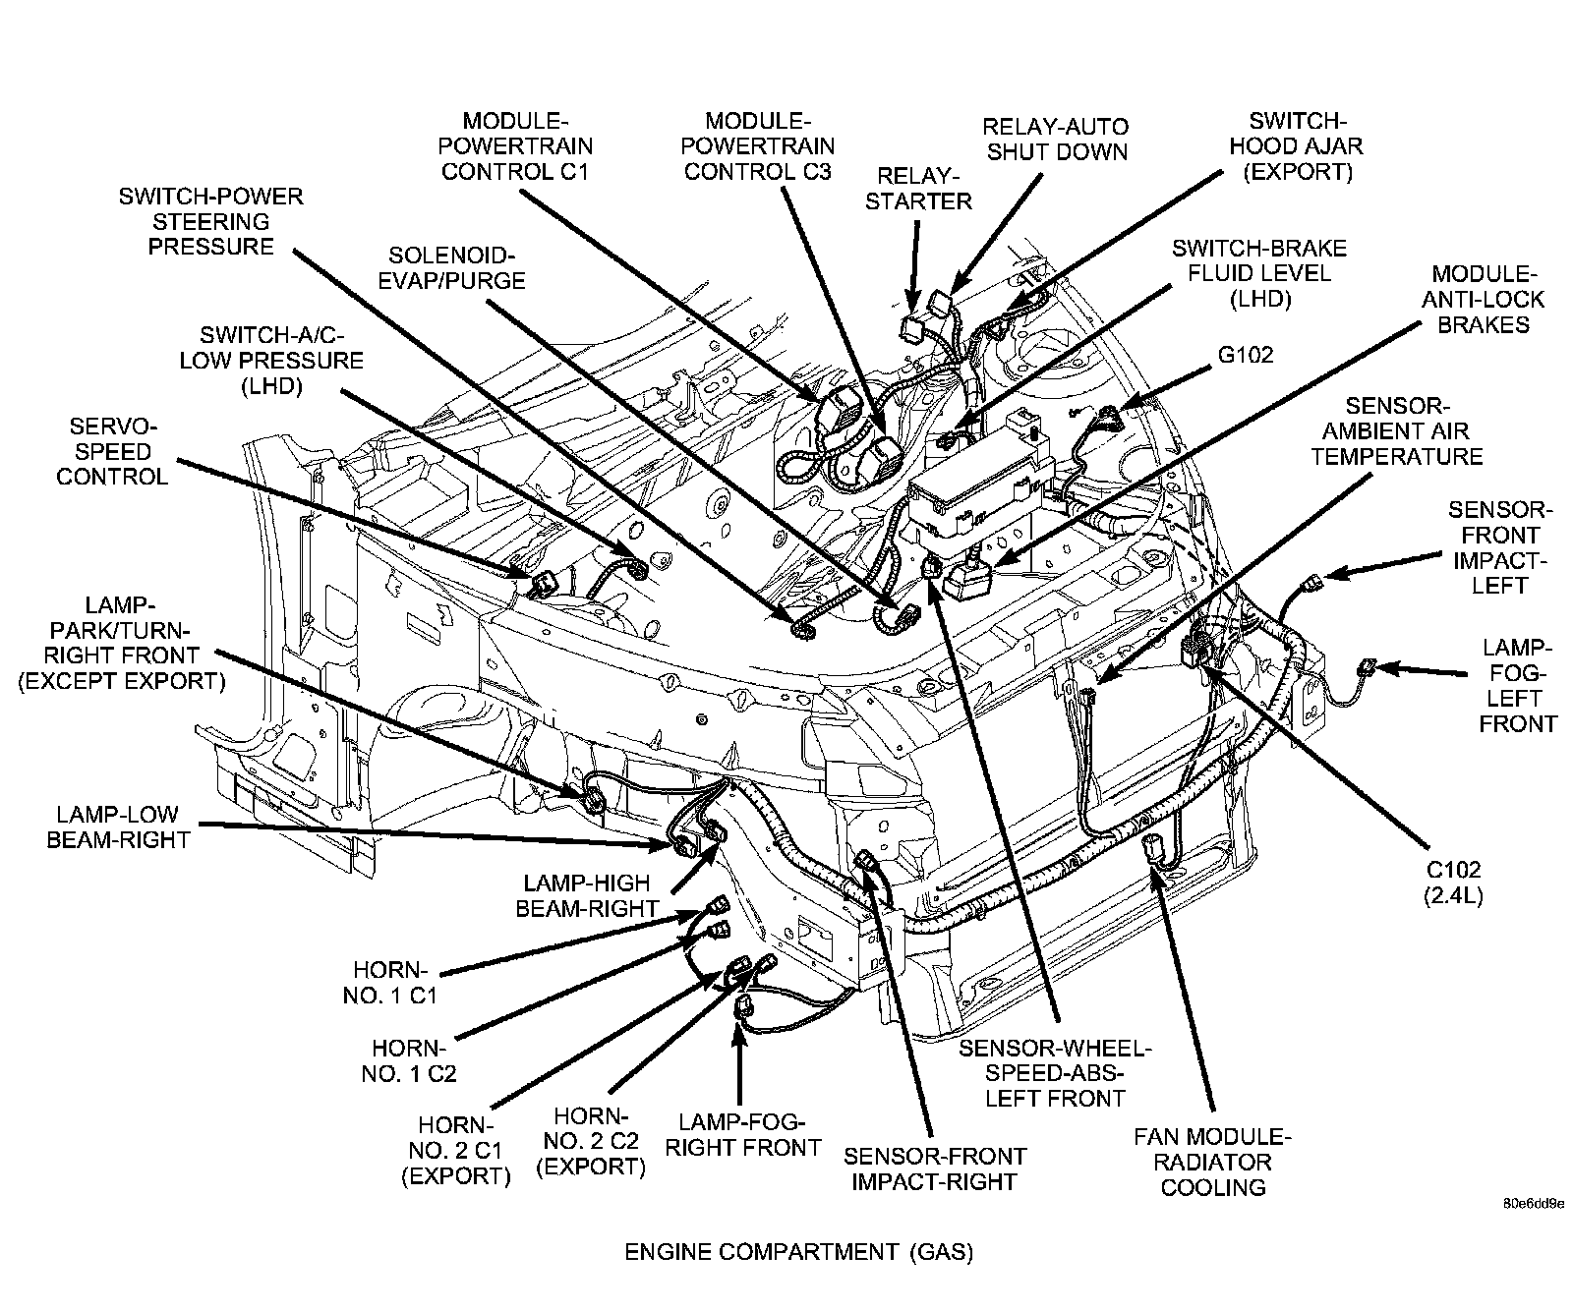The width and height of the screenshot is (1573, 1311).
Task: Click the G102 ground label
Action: coord(1246,355)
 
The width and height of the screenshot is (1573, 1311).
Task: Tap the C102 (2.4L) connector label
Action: coord(1453,882)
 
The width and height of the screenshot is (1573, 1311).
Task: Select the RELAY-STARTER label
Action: coord(923,189)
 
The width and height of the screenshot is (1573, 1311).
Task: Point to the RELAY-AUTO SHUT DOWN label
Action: coord(1056,139)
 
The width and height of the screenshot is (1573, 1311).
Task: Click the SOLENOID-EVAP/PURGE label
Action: coord(456,267)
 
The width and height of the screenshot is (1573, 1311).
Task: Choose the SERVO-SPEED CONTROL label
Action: coord(112,452)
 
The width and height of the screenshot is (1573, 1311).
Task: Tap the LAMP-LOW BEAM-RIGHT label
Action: coord(117,826)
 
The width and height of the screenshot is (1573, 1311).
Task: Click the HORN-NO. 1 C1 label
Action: coord(389,982)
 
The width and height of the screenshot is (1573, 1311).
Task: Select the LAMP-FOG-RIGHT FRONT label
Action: coord(742,1134)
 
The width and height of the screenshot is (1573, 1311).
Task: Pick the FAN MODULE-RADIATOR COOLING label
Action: coord(1212,1162)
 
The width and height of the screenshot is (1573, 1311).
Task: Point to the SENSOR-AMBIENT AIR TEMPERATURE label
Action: coord(1396,430)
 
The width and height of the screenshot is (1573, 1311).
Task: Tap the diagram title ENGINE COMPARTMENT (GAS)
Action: coord(798,1252)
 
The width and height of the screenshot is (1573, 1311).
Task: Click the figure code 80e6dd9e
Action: coord(1532,1203)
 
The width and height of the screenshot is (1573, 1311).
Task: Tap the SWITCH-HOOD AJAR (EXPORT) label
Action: coord(1297,146)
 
